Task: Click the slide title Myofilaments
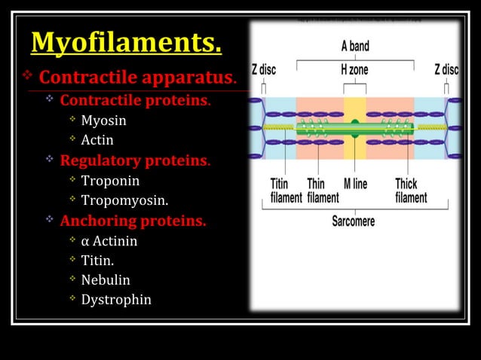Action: coord(126,43)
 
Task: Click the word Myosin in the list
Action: coord(103,120)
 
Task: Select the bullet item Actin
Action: coord(97,139)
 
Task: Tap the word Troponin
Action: coord(110,181)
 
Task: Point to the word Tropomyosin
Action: coord(124,201)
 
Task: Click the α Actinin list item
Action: coord(109,242)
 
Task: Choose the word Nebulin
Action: coord(106,279)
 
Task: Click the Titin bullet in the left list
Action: coord(98,261)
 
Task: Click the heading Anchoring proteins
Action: coord(133,221)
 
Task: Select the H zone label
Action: coord(354,69)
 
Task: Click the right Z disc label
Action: coord(446,69)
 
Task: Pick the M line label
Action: coord(355,184)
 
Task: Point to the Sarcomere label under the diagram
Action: coord(353,221)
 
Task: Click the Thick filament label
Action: coord(411,191)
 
